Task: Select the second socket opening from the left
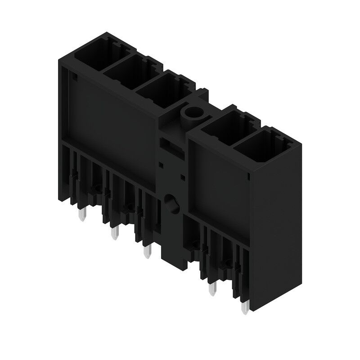[124, 72]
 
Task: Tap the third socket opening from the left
[155, 88]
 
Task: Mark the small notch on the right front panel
[250, 176]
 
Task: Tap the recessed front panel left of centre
[112, 117]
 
